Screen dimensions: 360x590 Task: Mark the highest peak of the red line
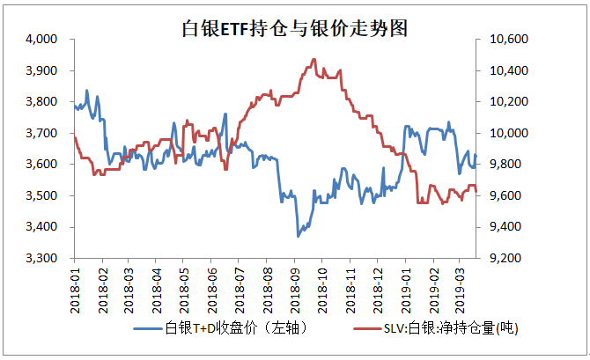[314, 60]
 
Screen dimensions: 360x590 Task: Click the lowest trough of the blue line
[299, 236]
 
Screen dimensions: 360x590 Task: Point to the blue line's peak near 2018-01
[86, 90]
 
